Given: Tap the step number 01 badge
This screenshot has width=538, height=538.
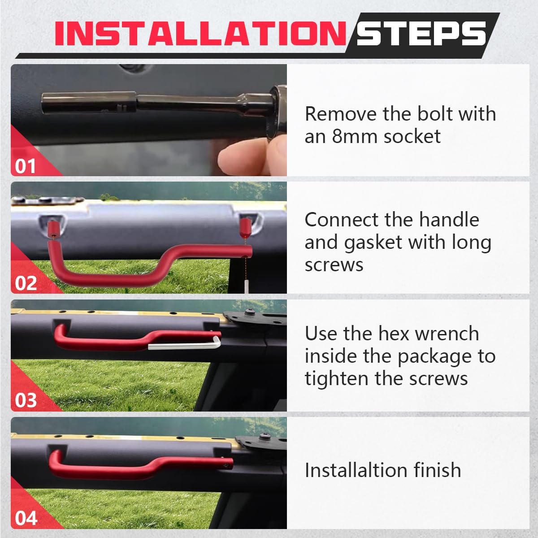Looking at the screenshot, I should click(x=25, y=166).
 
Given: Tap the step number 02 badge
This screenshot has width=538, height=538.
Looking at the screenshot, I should click(x=26, y=283).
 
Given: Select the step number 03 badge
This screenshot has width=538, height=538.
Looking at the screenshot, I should click(x=26, y=400).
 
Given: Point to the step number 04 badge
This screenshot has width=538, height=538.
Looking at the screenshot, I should click(x=26, y=518).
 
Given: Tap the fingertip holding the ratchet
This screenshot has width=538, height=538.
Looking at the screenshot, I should click(x=233, y=157).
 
